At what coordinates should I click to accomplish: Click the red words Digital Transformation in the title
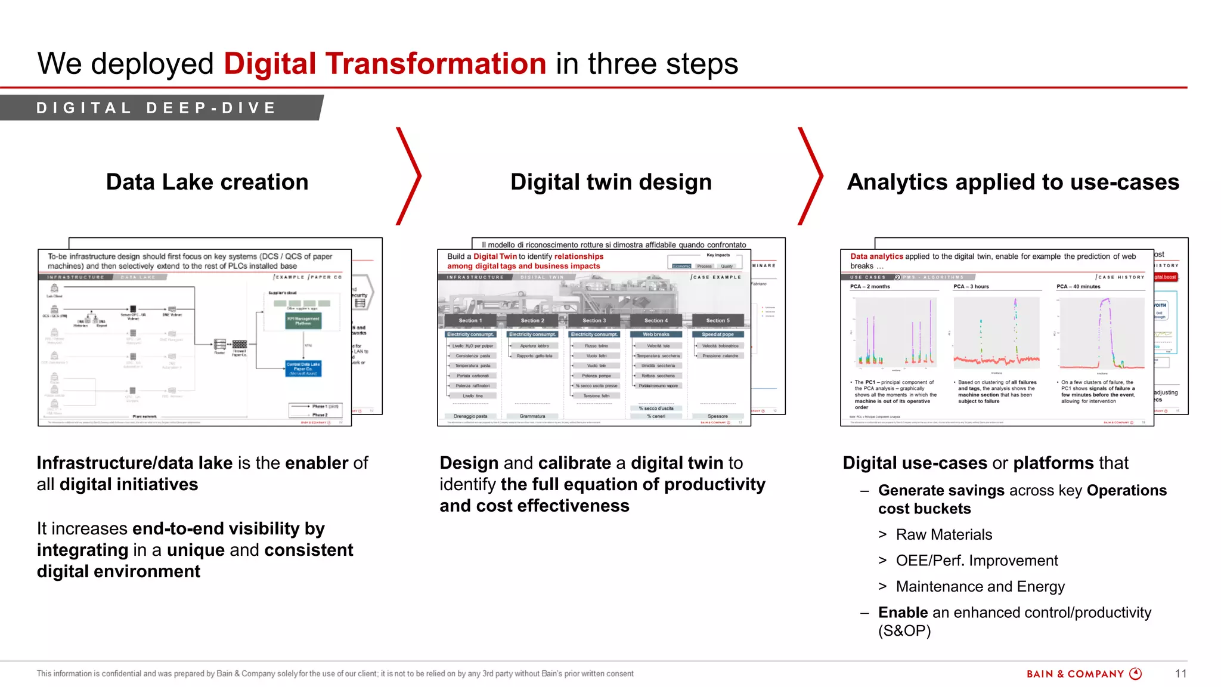coord(385,64)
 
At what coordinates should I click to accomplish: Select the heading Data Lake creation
coord(207,182)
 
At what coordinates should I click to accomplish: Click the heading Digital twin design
coord(610,182)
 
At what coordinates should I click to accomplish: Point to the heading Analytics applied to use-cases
coord(1012,182)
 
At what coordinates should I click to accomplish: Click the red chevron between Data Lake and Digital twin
coord(410,176)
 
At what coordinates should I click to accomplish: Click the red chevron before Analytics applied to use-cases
coord(811,176)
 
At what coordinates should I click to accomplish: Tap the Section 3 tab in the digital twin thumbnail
coord(594,321)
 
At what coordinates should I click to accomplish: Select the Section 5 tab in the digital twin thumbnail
coord(718,321)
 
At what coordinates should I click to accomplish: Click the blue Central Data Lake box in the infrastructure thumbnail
coord(303,368)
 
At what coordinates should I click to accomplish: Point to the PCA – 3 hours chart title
coord(971,287)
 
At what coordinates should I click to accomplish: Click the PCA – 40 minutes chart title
coord(1078,287)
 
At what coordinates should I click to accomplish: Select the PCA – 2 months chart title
coord(869,287)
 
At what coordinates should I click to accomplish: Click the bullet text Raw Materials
coord(944,535)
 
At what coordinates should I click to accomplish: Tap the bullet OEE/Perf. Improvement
coord(977,561)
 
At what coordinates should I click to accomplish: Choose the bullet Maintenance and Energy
coord(980,587)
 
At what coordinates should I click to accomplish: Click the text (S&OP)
coord(904,631)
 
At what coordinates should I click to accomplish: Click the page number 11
coord(1180,674)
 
